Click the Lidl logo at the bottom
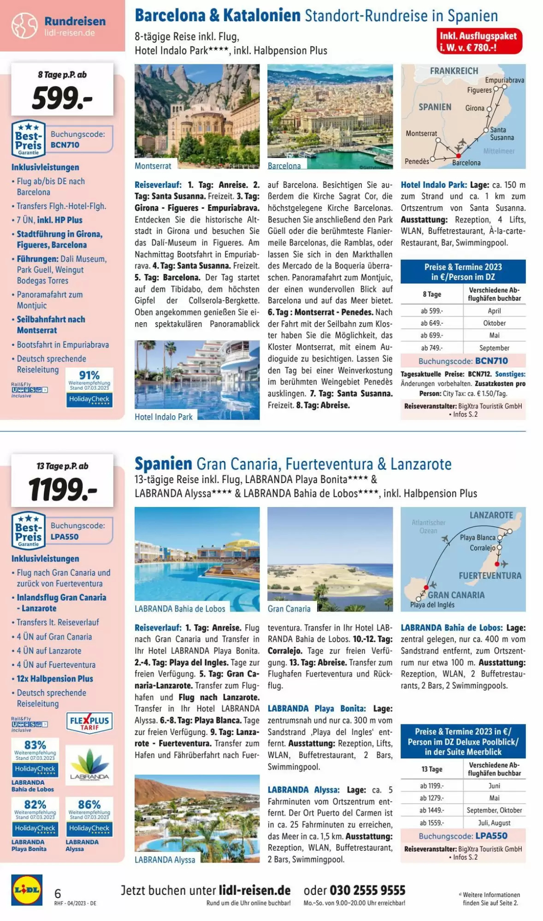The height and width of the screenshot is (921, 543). [27, 890]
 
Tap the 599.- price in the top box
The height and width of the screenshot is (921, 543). [62, 99]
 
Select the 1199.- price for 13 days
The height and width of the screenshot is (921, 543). [63, 490]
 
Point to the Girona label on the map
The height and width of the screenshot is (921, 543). [475, 108]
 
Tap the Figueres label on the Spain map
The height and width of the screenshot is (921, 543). [479, 90]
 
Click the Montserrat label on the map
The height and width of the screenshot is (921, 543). [421, 134]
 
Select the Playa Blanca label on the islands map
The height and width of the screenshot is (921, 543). [478, 537]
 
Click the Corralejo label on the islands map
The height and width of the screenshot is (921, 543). [482, 548]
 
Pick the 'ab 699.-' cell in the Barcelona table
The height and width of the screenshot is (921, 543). [431, 335]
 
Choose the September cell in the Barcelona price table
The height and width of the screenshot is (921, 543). [494, 348]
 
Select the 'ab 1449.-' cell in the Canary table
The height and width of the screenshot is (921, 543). [431, 810]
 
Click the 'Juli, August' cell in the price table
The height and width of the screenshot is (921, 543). [494, 822]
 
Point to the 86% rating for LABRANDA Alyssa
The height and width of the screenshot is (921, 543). [89, 804]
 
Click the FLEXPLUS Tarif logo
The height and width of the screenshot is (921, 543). [89, 722]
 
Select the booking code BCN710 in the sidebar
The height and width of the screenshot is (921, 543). [65, 145]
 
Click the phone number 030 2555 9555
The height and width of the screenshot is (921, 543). [354, 890]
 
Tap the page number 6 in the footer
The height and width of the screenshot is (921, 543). [58, 893]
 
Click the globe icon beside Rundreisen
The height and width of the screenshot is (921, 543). [24, 26]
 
